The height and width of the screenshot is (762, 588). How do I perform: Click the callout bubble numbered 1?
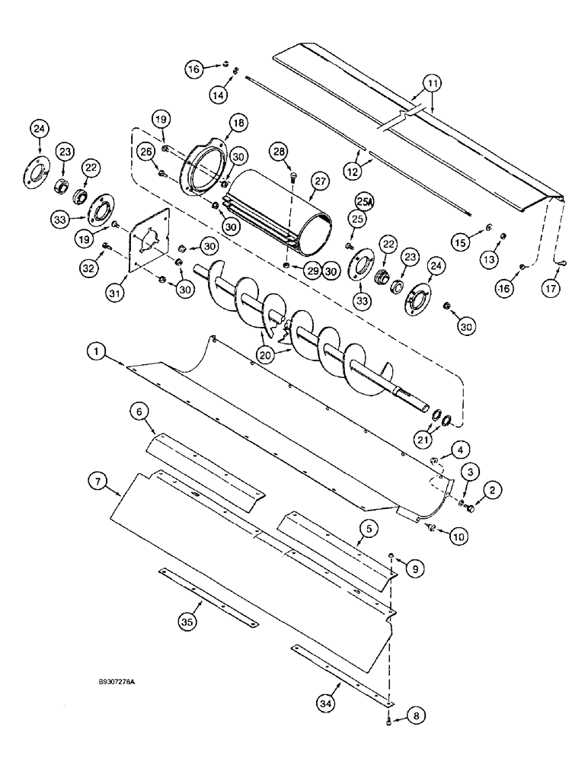[96, 351]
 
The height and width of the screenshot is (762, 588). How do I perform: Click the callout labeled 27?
[318, 179]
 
